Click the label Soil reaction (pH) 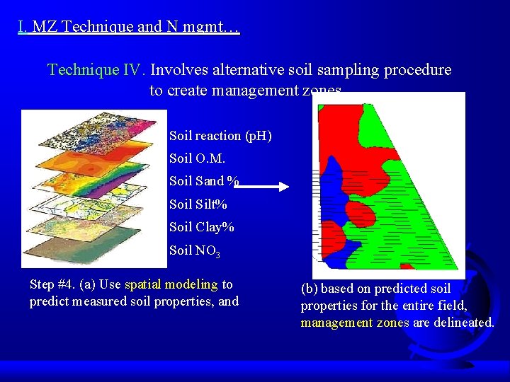[x=220, y=136]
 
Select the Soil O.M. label [x=197, y=158]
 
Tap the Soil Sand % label [x=204, y=181]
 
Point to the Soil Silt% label [x=198, y=204]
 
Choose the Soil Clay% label [x=202, y=227]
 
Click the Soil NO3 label [x=195, y=250]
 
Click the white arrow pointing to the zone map [x=261, y=187]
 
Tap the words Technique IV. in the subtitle [x=96, y=70]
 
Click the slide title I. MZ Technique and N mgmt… [x=129, y=28]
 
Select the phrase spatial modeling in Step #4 [x=171, y=284]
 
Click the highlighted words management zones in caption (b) [x=354, y=323]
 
